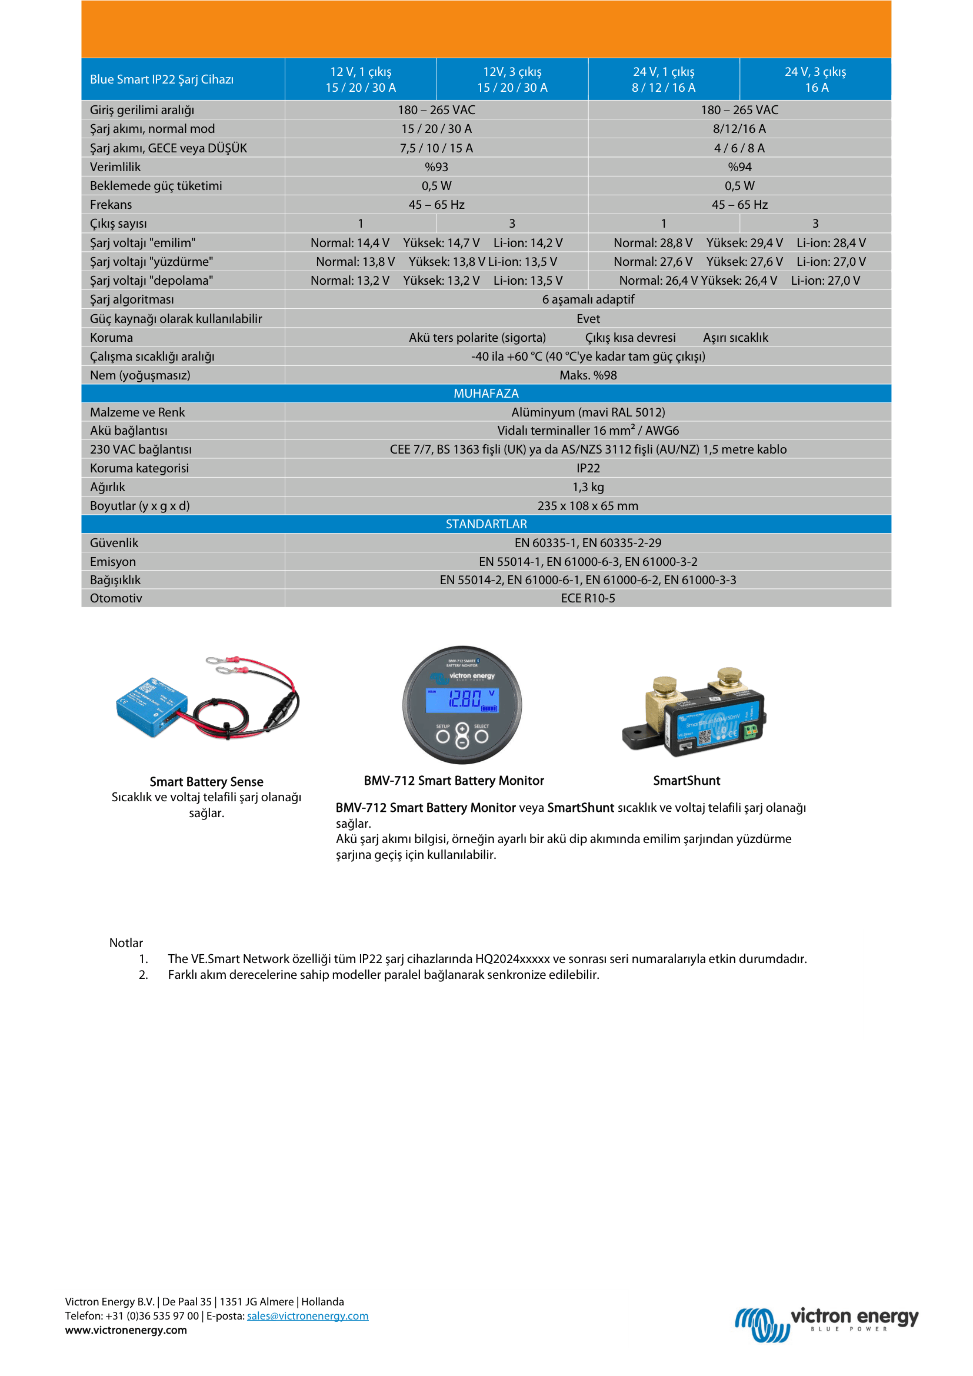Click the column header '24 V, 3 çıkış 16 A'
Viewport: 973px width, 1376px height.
coord(815,79)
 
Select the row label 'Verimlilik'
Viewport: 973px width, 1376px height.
coord(115,166)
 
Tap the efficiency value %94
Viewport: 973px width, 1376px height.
coord(739,166)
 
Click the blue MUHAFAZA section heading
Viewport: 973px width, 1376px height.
coord(486,393)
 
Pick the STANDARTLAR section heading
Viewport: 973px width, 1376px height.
coord(486,524)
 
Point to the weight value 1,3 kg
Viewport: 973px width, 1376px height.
coord(588,487)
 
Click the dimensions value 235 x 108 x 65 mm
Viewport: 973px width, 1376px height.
coord(588,506)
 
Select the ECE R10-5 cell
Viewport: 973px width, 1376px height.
coord(588,598)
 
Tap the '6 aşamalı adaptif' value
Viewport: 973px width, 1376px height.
coord(588,299)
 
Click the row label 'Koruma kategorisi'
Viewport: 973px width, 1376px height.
coord(139,468)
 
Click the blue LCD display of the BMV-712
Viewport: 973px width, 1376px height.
coord(462,700)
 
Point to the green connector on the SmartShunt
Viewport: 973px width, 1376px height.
coord(750,731)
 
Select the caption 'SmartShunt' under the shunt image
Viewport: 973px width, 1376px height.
coord(687,780)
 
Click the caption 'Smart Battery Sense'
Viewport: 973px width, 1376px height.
coord(206,781)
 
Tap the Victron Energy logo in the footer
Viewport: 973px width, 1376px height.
coord(827,1324)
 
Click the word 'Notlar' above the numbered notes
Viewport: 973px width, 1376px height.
coord(126,942)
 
